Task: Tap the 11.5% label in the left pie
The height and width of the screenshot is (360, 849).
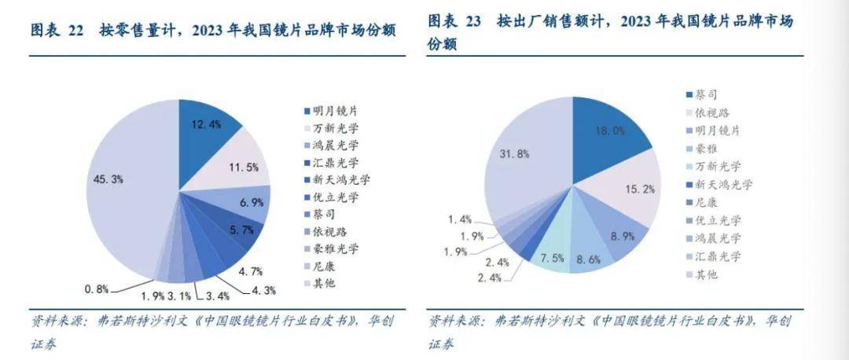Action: pos(243,167)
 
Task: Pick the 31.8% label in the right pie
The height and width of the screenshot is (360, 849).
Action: pos(514,154)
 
